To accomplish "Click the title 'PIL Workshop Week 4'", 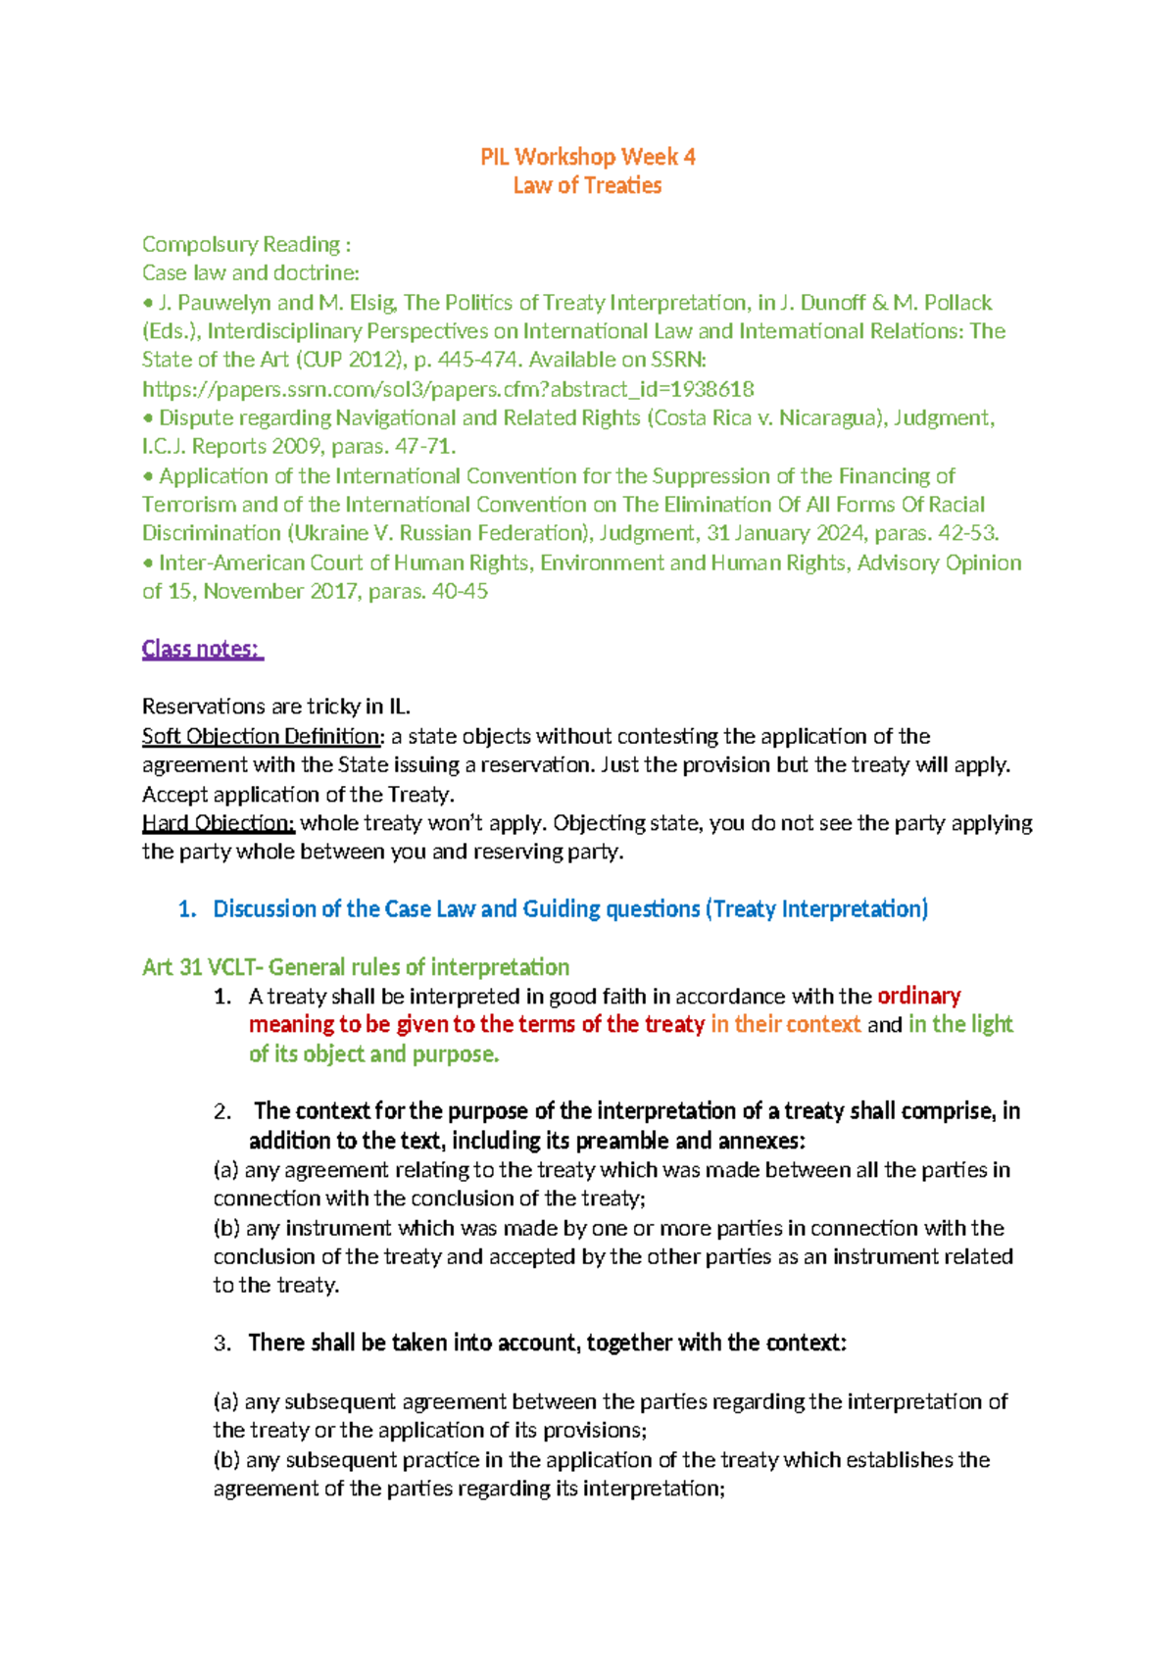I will click(x=587, y=157).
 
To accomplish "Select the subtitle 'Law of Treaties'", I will click(x=587, y=185).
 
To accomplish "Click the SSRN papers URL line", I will click(x=447, y=389).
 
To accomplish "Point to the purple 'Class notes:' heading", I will click(x=202, y=649).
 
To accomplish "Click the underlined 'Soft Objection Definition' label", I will click(x=261, y=736).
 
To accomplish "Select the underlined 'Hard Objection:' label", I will click(x=218, y=823).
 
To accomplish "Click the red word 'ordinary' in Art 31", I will click(x=918, y=997).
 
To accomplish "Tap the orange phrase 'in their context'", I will click(x=785, y=1025).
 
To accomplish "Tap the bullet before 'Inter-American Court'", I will click(x=149, y=563).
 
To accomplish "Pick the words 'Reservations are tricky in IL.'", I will click(x=275, y=707).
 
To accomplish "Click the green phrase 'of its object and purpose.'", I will click(x=373, y=1054).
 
